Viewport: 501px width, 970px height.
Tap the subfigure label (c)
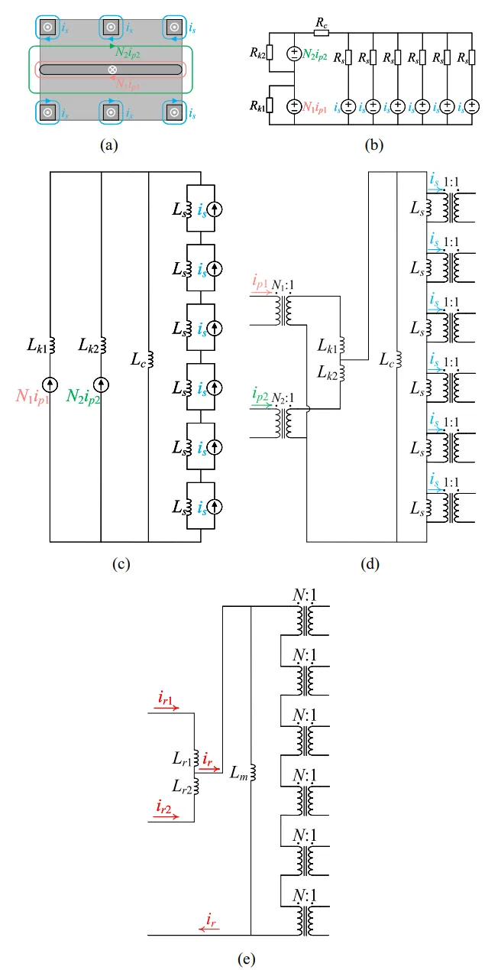119,565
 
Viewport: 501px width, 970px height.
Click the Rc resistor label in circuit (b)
322,24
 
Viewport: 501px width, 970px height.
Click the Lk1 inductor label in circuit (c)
36,347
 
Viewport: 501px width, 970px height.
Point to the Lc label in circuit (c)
136,358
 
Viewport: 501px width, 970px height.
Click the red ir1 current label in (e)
165,698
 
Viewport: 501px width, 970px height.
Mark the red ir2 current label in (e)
165,806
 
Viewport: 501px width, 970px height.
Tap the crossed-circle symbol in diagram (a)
112,70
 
